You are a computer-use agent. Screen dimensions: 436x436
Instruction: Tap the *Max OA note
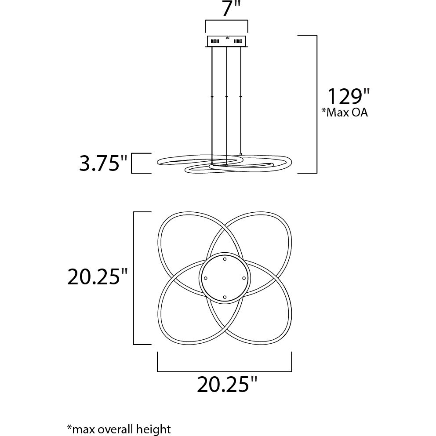click(345, 113)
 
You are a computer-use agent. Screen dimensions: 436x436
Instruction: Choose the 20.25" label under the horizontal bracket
click(227, 385)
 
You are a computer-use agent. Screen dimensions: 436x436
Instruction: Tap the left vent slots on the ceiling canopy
click(215, 41)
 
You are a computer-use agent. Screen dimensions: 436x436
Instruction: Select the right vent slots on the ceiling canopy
click(239, 41)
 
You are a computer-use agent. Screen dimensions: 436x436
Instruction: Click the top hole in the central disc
click(225, 259)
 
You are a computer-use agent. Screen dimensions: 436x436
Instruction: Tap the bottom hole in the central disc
click(225, 298)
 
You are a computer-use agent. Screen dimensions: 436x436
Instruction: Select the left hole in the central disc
click(205, 278)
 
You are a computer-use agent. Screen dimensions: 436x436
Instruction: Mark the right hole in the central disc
click(243, 278)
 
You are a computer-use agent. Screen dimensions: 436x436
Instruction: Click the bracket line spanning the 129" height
click(316, 104)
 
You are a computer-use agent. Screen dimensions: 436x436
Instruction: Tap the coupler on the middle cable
click(226, 96)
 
